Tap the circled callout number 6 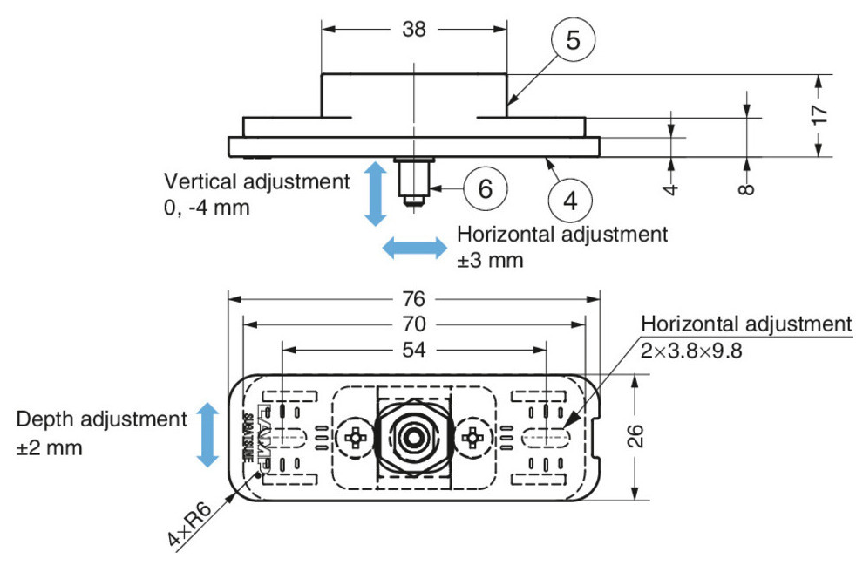(486, 188)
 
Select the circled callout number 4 (570, 201)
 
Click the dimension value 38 (414, 29)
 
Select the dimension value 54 (414, 350)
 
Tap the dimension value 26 (637, 436)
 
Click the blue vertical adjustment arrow (375, 193)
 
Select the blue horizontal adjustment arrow (416, 249)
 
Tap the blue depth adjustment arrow (207, 434)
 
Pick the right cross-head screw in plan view (474, 435)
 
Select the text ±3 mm (490, 261)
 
